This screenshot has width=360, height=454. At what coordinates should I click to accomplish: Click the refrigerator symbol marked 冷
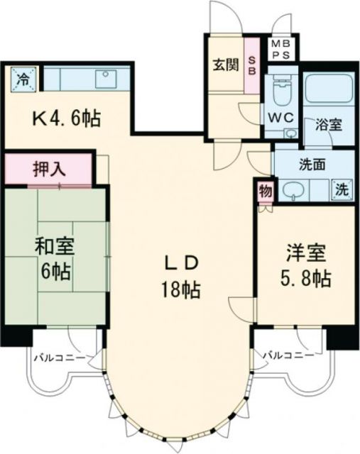(23, 77)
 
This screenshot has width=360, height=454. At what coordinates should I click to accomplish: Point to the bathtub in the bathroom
(325, 93)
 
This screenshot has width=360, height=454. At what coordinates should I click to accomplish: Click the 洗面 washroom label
(312, 165)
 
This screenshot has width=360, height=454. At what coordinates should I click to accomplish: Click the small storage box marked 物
(265, 190)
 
